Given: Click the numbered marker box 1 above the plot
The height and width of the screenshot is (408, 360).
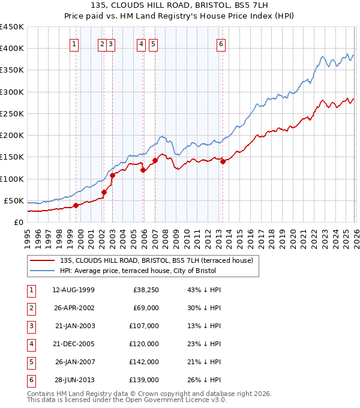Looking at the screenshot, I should pos(74,43).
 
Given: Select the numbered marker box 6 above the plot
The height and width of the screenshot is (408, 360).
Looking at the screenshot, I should pos(221,43).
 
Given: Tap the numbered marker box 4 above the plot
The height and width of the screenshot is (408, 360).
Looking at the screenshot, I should pos(141,43).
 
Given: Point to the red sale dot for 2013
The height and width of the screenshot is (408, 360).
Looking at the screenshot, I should pos(223,161).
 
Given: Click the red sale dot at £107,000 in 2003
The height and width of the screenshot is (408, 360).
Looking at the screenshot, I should pos(112,175).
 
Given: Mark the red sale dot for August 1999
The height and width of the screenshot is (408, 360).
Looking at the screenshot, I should pos(76,205).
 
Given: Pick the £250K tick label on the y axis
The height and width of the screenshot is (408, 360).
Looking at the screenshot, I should pos(12,113).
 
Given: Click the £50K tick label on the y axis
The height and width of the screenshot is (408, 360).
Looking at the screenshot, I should pos(14,200).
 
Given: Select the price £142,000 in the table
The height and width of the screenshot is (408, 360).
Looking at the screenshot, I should pos(145,362).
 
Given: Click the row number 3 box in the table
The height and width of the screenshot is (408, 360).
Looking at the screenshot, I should pos(30,326).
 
